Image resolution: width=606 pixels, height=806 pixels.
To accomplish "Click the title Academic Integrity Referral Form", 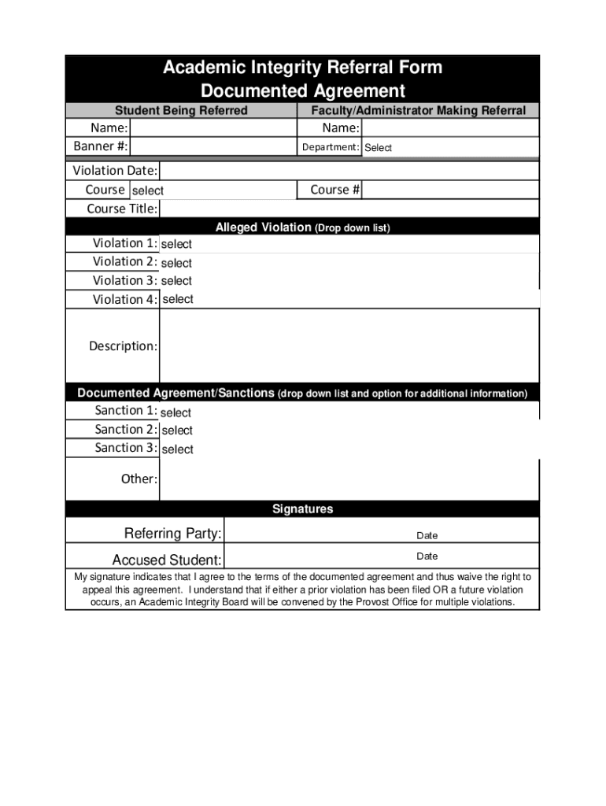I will [x=302, y=68].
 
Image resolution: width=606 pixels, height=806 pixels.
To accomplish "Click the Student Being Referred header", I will [x=181, y=110].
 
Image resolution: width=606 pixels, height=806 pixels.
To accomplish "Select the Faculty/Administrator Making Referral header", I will [x=418, y=110].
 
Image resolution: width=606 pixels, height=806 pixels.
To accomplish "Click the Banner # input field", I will [x=212, y=146].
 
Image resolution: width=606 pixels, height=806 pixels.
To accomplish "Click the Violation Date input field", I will [x=349, y=171].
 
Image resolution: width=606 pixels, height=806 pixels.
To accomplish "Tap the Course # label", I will [x=334, y=190].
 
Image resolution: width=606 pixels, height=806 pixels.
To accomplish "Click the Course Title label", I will [x=122, y=209].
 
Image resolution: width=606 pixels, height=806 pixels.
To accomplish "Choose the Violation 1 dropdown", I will [x=349, y=244].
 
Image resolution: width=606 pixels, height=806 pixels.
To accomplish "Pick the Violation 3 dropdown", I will [x=349, y=281].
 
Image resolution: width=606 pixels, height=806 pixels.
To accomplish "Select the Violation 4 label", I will [x=124, y=299].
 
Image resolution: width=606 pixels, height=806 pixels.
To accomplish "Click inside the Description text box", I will [x=349, y=346].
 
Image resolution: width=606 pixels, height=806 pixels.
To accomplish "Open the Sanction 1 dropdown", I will [x=349, y=412].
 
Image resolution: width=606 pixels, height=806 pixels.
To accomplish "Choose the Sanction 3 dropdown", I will [x=349, y=449].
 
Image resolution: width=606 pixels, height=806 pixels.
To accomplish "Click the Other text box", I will [x=349, y=479].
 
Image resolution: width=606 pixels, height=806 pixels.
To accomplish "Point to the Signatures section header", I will [x=302, y=509].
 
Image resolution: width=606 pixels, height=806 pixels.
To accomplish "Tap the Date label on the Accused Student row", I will [x=427, y=556].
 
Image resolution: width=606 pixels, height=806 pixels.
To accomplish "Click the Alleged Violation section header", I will [x=302, y=227].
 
